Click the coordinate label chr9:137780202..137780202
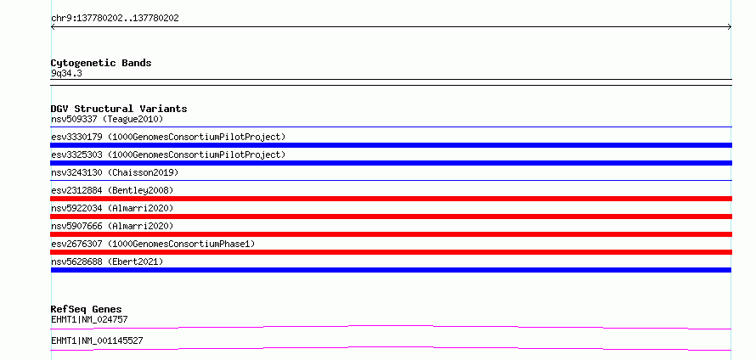tap(115, 19)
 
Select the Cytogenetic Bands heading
tap(101, 63)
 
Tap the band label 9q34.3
tap(66, 74)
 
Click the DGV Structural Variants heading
tap(119, 109)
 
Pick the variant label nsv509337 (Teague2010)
tap(107, 119)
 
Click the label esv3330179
tap(76, 137)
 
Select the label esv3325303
tap(76, 155)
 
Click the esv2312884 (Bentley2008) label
tap(112, 190)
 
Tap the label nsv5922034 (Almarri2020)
tap(112, 208)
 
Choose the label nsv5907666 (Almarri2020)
tap(112, 226)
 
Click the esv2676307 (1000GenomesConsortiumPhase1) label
tap(153, 244)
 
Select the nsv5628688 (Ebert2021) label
tap(107, 262)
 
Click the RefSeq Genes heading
tap(87, 309)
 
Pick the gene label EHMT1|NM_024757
tap(89, 319)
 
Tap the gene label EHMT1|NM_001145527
tap(97, 341)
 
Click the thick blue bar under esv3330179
tap(391, 145)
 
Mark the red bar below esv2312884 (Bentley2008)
tap(391, 199)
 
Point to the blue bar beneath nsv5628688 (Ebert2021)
tap(391, 270)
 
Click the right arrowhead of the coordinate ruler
tap(731, 27)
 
